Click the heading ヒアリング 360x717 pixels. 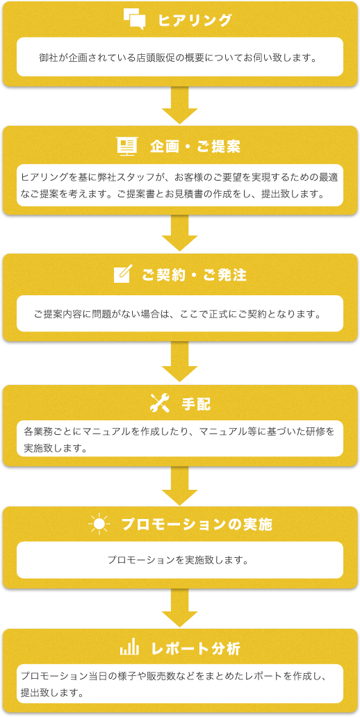click(x=195, y=20)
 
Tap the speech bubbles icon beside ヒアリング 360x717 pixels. click(x=135, y=19)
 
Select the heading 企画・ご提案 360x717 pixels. click(x=195, y=147)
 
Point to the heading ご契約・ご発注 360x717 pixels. click(x=195, y=275)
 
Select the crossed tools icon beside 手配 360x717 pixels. click(x=160, y=403)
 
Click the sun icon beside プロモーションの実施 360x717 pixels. click(x=99, y=524)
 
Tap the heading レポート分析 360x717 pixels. click(x=195, y=649)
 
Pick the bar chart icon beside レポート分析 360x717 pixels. click(x=129, y=648)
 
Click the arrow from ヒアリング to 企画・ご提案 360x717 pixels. click(x=180, y=105)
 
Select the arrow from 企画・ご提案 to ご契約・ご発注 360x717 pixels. click(x=180, y=233)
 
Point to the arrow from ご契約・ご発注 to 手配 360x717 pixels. click(x=180, y=361)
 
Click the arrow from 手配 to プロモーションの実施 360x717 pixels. click(x=180, y=486)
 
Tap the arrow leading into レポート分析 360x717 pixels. click(x=180, y=608)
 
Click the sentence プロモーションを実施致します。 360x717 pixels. click(x=180, y=560)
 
